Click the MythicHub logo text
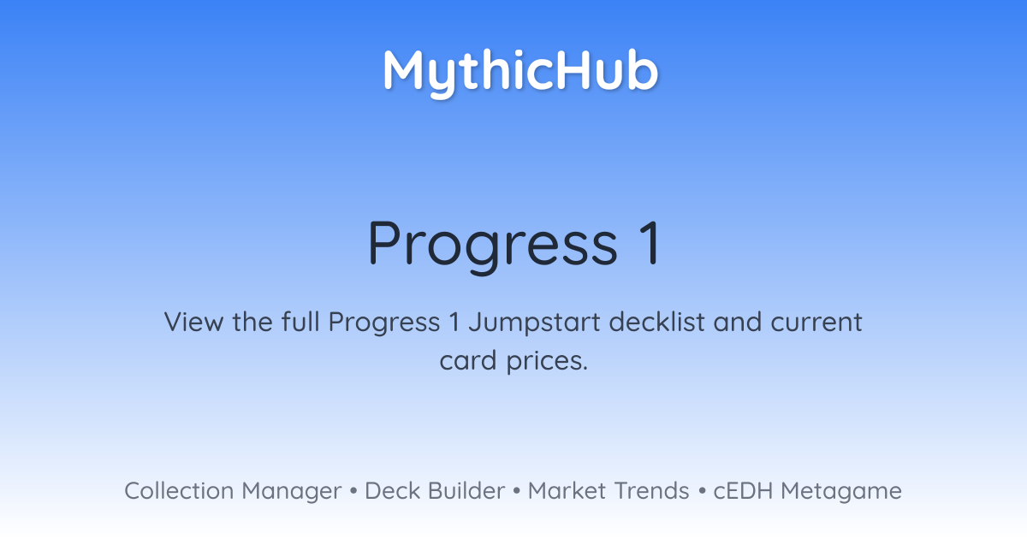(x=520, y=73)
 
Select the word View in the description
(x=194, y=322)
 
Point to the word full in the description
(x=300, y=321)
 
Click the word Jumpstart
(x=534, y=323)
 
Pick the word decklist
(x=656, y=321)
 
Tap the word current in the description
(x=816, y=322)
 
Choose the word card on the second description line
(x=467, y=360)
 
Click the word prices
(x=547, y=361)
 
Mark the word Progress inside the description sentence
(x=384, y=323)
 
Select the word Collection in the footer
(x=179, y=491)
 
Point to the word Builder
(x=466, y=491)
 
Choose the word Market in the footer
(x=567, y=491)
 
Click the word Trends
(x=651, y=491)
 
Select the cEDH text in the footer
(x=743, y=491)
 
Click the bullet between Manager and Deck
(x=353, y=491)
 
